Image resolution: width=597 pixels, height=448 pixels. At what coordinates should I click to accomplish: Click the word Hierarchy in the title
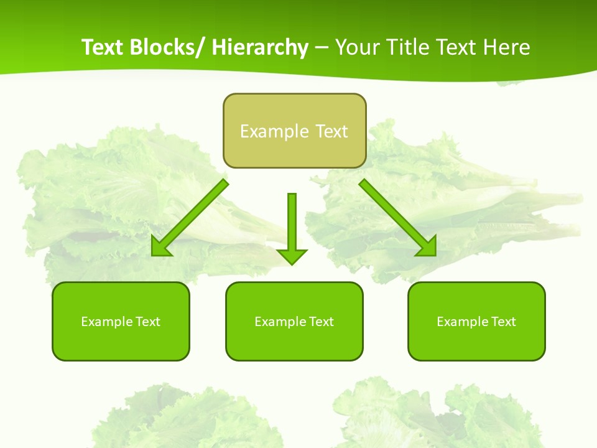coord(260,47)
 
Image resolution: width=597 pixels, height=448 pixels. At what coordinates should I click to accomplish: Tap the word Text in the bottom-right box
coord(503,322)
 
